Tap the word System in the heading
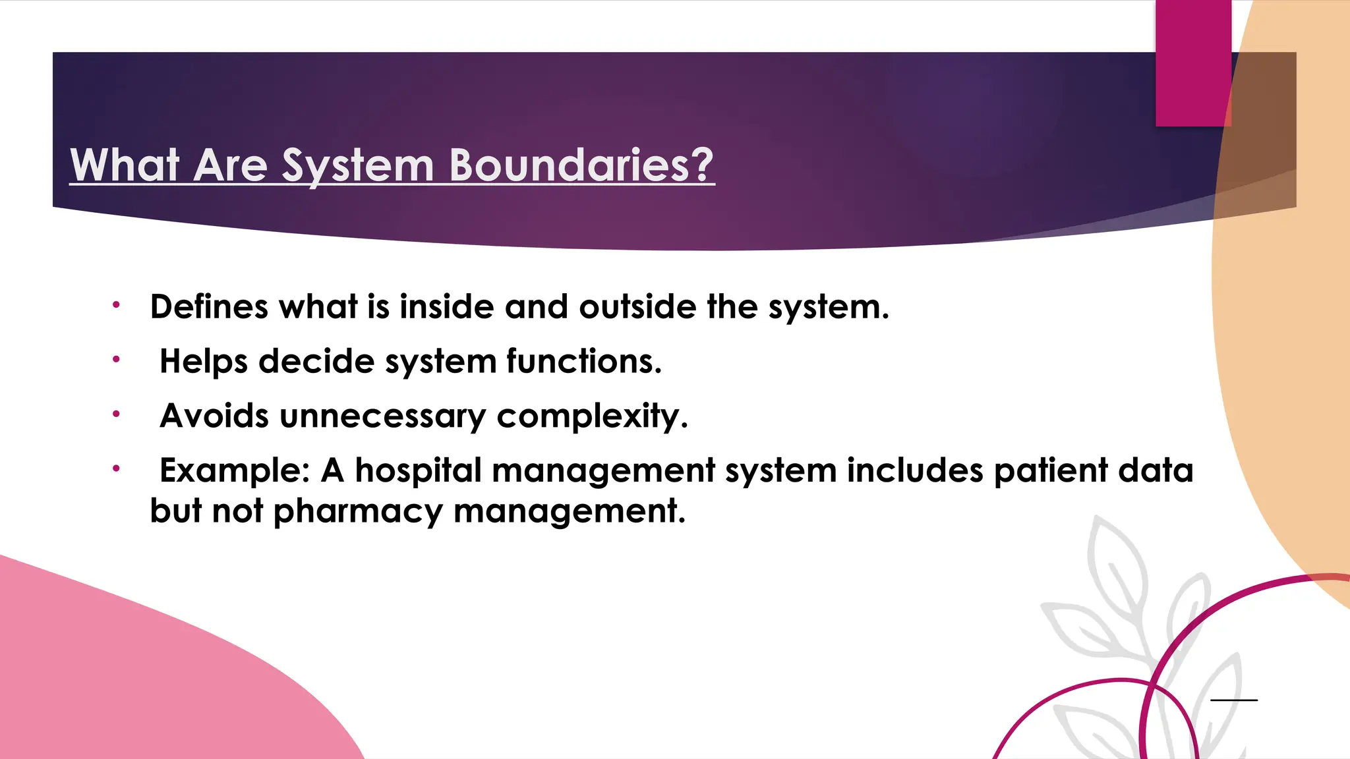click(x=357, y=165)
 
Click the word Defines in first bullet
click(x=209, y=307)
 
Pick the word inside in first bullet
click(x=446, y=307)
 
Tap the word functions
click(x=583, y=362)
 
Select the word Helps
click(x=204, y=362)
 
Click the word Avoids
click(x=214, y=416)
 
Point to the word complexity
click(x=592, y=416)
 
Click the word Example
click(x=234, y=471)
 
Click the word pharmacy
click(x=357, y=512)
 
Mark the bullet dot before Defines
click(x=116, y=305)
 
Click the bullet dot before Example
click(x=116, y=468)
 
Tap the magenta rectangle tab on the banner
click(x=1193, y=63)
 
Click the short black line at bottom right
click(x=1234, y=700)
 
